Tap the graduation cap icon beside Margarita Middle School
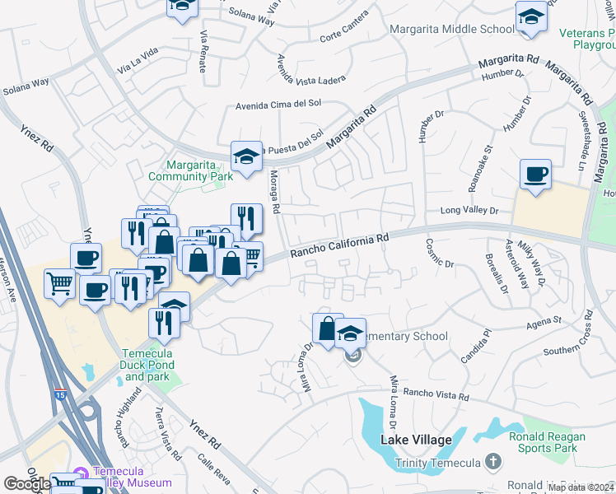click(531, 18)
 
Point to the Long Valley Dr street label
click(469, 211)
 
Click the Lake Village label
click(416, 440)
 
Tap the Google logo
click(26, 484)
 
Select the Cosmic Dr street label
click(440, 253)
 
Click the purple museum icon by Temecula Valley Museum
click(81, 474)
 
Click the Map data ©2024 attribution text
click(581, 487)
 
